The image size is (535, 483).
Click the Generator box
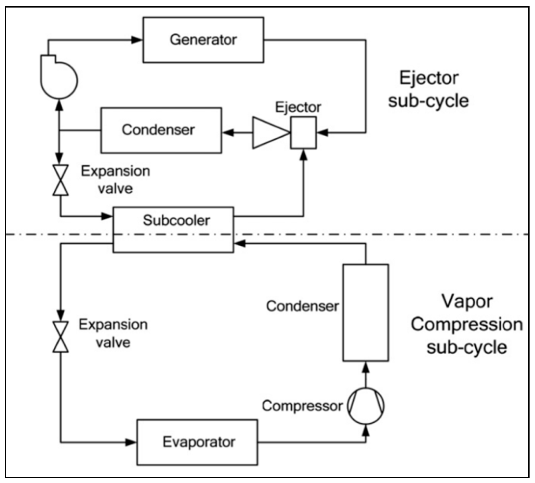203,40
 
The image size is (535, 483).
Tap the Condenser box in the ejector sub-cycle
161,130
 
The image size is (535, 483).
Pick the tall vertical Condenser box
365,313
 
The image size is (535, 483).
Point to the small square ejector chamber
303,132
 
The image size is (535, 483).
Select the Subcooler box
173,230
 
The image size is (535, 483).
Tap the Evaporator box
197,442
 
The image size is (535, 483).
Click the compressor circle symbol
365,406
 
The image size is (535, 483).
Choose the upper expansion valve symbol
61,180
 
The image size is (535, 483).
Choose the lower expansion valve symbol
61,337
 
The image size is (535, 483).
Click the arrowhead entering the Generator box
137,40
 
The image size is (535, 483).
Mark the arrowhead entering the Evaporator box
131,442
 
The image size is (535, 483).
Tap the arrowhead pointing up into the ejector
303,155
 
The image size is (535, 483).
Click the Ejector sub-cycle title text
428,89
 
